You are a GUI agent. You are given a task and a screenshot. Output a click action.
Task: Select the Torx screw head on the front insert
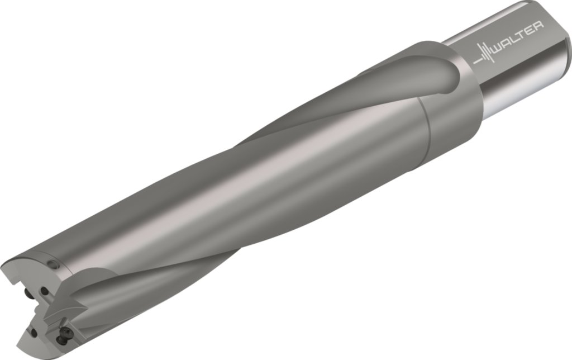[x=63, y=337]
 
